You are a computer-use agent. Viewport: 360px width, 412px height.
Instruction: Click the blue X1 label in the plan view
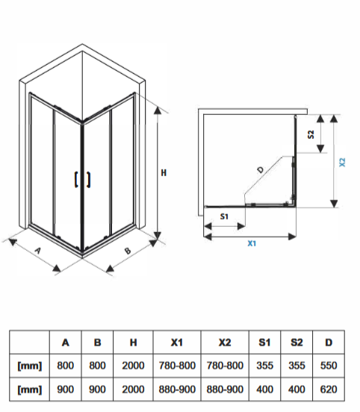tap(252, 243)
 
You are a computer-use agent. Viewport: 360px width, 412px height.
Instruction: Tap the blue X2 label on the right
tap(342, 162)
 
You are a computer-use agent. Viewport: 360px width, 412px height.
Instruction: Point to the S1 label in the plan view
tap(224, 216)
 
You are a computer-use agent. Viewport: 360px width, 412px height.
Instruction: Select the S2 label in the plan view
tap(311, 134)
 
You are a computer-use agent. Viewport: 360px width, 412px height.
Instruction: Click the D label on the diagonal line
tap(261, 169)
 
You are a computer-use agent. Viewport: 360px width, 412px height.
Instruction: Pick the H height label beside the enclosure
tap(164, 173)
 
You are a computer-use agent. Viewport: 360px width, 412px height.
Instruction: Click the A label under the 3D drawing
tap(38, 250)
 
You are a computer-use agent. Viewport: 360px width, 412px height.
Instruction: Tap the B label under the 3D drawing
tap(128, 250)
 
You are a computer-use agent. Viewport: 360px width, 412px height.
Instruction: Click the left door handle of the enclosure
tap(76, 180)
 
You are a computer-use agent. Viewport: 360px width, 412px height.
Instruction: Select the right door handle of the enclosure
tap(89, 180)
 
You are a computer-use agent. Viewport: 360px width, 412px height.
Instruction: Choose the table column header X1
tap(177, 343)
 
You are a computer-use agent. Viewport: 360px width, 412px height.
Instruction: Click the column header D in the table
tap(329, 343)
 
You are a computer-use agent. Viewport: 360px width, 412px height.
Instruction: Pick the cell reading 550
tap(329, 366)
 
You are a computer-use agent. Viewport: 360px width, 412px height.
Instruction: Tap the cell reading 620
tap(329, 389)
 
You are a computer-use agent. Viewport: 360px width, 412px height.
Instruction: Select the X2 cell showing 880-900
tap(225, 389)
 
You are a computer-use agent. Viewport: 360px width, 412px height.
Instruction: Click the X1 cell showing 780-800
tap(177, 366)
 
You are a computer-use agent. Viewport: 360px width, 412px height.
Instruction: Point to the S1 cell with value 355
tap(265, 366)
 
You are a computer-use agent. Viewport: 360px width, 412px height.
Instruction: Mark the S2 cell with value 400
tap(297, 389)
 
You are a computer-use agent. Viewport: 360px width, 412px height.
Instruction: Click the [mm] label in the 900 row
tap(29, 390)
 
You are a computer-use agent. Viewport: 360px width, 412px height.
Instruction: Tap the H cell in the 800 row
tap(133, 366)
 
